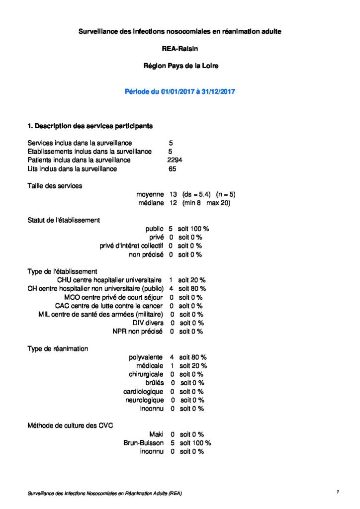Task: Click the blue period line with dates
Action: (180, 91)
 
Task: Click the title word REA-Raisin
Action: (180, 49)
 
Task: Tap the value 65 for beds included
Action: (173, 169)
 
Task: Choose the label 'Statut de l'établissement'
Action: (64, 220)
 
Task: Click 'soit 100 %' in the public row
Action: (193, 229)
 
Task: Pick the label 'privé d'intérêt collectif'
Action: (131, 246)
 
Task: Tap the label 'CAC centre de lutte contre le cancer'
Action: (109, 306)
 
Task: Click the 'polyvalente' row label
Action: (146, 357)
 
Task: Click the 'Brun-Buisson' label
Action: (144, 442)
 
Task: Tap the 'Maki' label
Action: (156, 434)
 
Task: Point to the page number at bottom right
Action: (338, 492)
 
